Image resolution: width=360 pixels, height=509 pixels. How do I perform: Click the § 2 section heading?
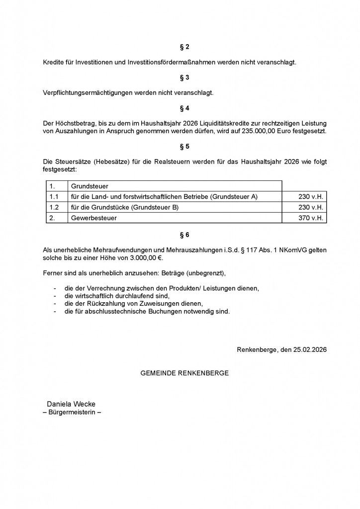(x=184, y=47)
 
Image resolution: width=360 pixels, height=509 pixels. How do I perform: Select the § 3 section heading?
(x=184, y=78)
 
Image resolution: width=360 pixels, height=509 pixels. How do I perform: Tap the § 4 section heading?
(x=184, y=108)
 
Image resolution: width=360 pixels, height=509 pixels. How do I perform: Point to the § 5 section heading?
(x=184, y=147)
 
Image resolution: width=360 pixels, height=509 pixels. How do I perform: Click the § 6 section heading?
(x=184, y=235)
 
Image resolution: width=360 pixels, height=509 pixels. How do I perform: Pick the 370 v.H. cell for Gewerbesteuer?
(x=311, y=218)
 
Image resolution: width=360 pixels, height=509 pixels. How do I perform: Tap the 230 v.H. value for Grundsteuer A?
(x=311, y=197)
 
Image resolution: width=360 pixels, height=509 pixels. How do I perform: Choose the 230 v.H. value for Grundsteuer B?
(x=311, y=207)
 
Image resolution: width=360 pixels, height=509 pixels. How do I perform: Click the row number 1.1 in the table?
(x=54, y=197)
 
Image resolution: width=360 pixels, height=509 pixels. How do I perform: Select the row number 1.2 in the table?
(x=54, y=207)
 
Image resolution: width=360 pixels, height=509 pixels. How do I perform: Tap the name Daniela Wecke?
(x=71, y=404)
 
